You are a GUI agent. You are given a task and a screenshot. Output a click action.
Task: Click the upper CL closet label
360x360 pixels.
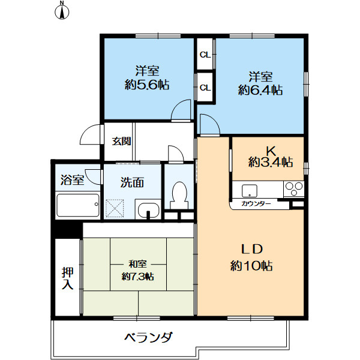(x=205, y=55)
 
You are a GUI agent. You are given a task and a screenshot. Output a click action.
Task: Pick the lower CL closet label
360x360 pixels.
(x=205, y=87)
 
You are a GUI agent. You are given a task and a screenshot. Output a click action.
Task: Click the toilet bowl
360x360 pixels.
(x=180, y=196)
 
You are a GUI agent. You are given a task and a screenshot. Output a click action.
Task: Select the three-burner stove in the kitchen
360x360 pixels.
(x=294, y=189)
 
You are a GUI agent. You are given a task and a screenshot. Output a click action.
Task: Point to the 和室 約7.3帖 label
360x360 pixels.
(x=138, y=270)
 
